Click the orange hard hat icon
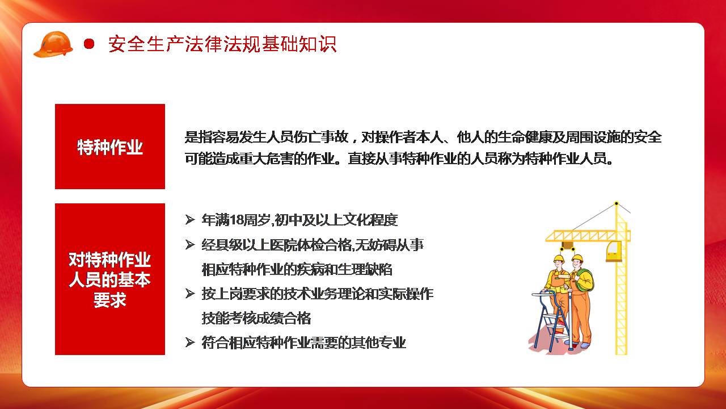click(x=53, y=44)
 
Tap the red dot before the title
click(x=89, y=44)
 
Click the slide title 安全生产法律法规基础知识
click(x=222, y=44)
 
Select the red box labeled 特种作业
click(x=110, y=147)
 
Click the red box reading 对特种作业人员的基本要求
click(x=110, y=279)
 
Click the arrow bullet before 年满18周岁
click(x=190, y=220)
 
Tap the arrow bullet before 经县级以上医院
click(x=190, y=244)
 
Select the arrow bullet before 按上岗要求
click(x=190, y=294)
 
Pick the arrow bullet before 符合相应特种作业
click(x=190, y=343)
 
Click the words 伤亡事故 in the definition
click(x=321, y=137)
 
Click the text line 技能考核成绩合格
click(x=256, y=318)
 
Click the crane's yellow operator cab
click(x=614, y=251)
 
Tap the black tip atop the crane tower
click(x=616, y=203)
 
